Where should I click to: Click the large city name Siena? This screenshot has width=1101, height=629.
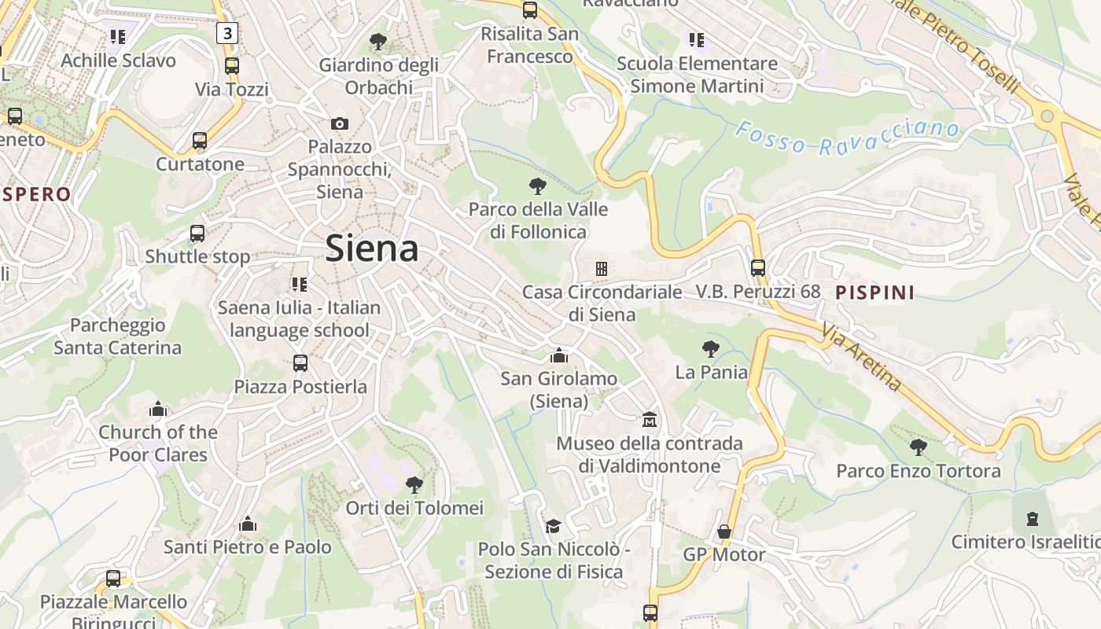[x=371, y=248]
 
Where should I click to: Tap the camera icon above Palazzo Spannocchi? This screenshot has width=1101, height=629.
[x=340, y=123]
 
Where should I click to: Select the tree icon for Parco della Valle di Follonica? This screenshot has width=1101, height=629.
[x=538, y=186]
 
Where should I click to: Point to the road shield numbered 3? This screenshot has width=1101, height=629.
[x=227, y=33]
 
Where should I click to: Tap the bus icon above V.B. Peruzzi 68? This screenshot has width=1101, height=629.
[x=758, y=268]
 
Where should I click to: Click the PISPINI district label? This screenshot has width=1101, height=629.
[x=875, y=292]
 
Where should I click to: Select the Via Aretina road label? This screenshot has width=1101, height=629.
[x=862, y=356]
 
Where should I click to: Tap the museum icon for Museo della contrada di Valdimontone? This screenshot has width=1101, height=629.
[x=650, y=420]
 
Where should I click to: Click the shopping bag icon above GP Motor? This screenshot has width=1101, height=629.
[x=724, y=532]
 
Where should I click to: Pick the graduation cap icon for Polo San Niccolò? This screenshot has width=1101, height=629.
[x=554, y=526]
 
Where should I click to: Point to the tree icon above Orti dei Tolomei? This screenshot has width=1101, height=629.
[x=414, y=485]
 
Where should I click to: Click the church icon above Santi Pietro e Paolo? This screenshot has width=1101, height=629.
[x=248, y=524]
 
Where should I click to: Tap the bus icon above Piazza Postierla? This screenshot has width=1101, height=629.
[x=300, y=363]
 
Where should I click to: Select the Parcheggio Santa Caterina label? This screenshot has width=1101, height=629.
[x=117, y=337]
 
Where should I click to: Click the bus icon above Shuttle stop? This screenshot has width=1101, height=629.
[x=197, y=234]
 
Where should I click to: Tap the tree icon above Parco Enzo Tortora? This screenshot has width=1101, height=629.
[x=918, y=448]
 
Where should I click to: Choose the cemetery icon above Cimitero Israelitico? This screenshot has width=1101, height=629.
[x=1032, y=519]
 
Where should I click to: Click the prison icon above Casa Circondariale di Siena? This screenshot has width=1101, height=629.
[x=602, y=269]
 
